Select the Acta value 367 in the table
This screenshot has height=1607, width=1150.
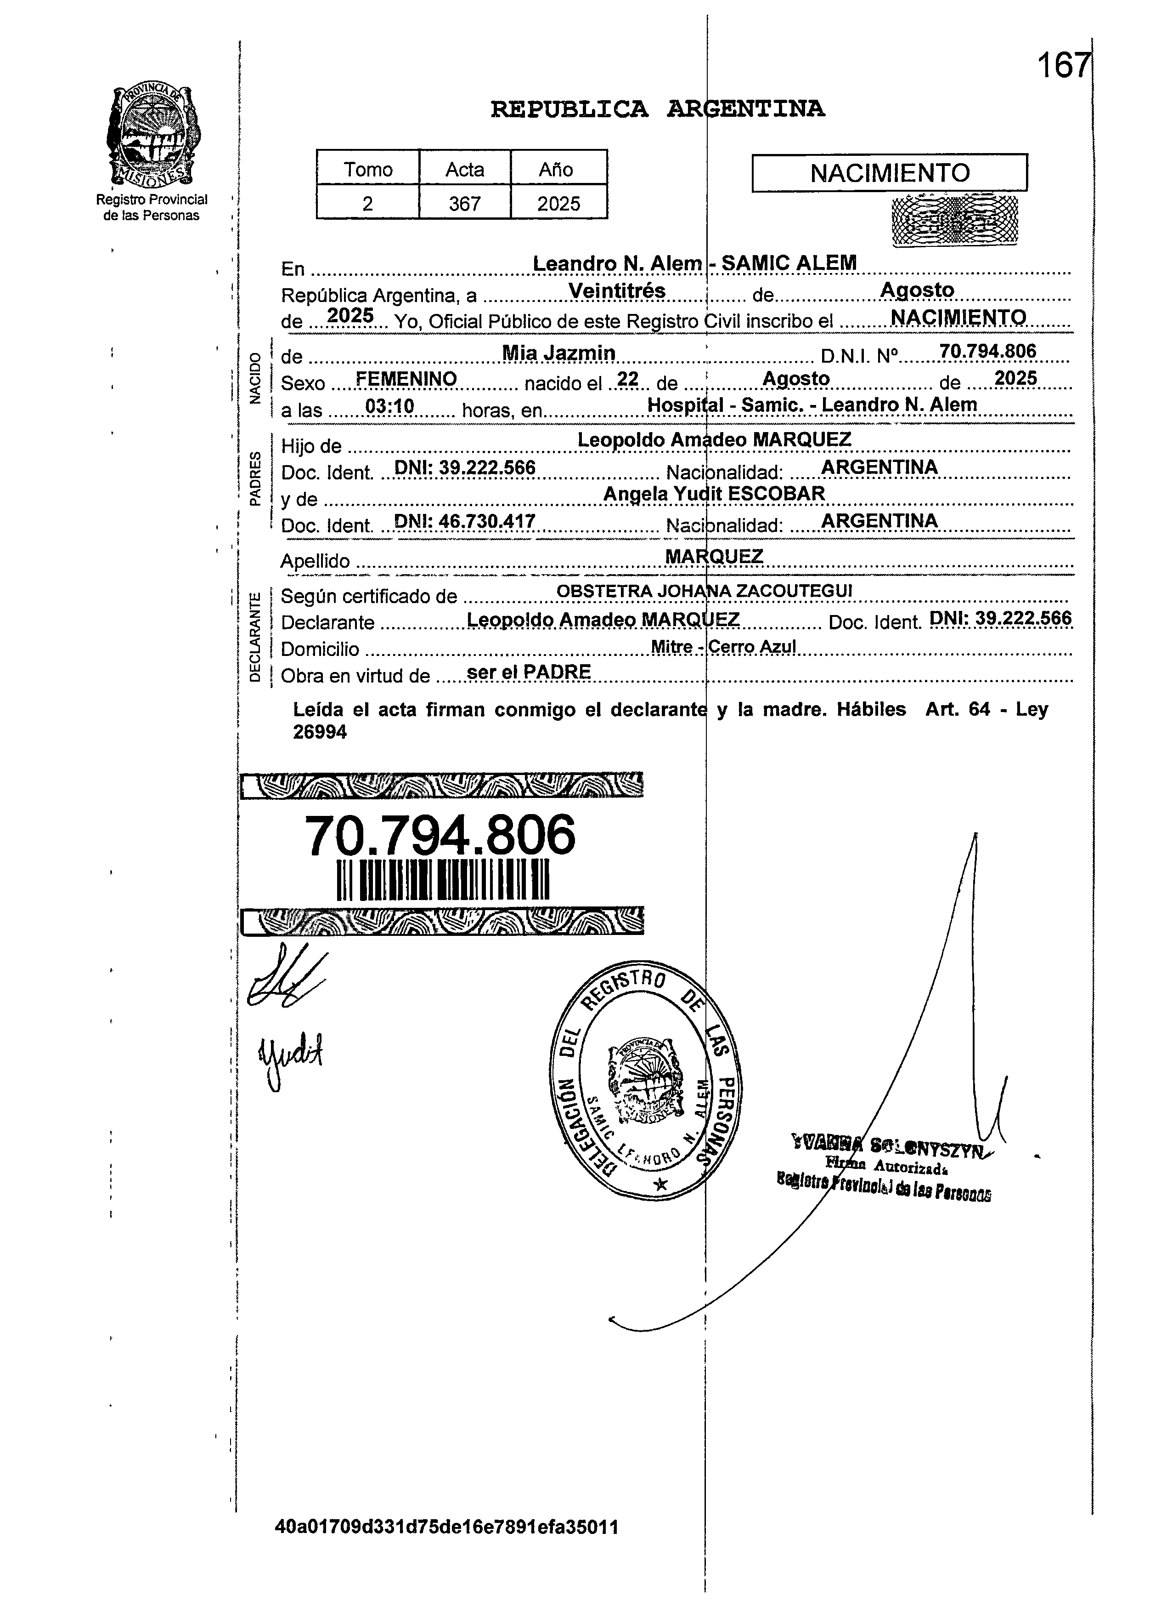point(464,204)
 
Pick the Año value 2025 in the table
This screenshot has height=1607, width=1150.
point(558,204)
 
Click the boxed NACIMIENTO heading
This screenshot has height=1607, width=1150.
point(890,173)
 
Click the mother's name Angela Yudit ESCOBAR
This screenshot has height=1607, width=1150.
point(714,493)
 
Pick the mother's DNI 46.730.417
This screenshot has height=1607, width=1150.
point(464,522)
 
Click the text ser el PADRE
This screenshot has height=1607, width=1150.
point(529,672)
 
